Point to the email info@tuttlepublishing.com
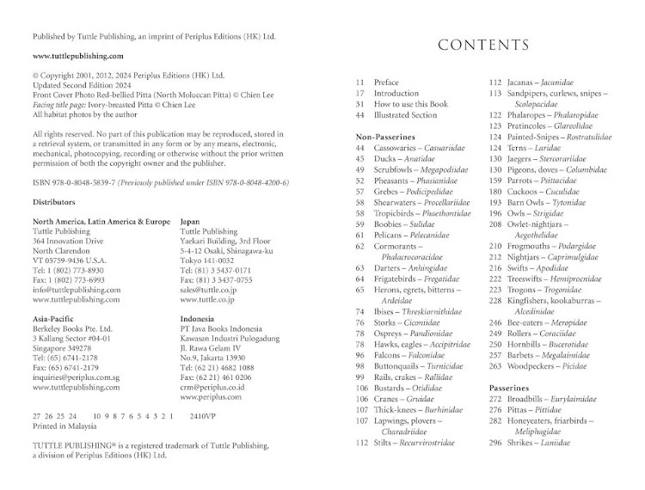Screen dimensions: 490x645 pos(77,290)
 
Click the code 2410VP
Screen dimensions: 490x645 pos(203,415)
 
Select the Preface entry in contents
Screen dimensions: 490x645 pos(387,83)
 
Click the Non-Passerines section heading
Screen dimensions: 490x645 pos(385,137)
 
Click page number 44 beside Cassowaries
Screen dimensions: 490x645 pos(360,148)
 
